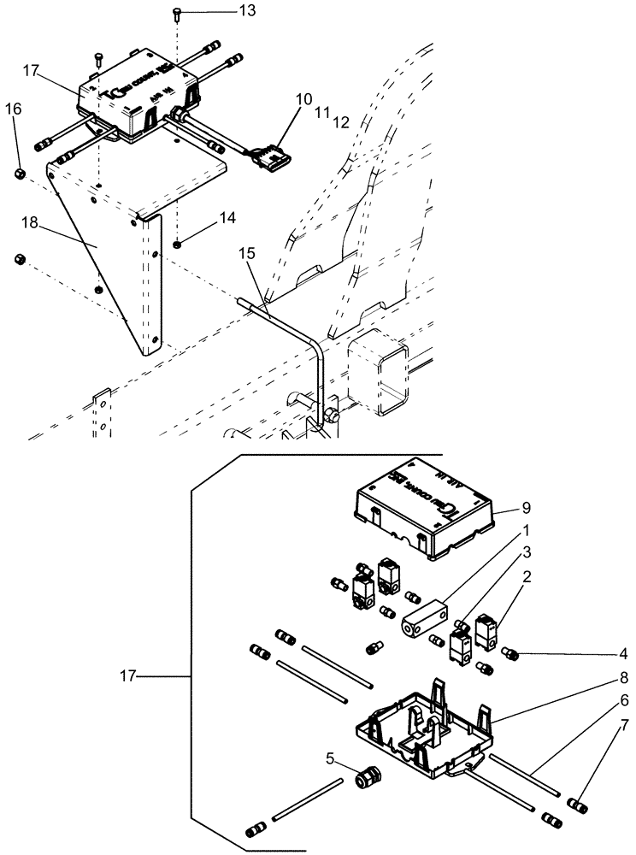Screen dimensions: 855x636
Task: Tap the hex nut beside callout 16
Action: point(21,174)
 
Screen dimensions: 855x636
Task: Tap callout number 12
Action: point(341,122)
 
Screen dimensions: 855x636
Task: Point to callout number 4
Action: point(622,655)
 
